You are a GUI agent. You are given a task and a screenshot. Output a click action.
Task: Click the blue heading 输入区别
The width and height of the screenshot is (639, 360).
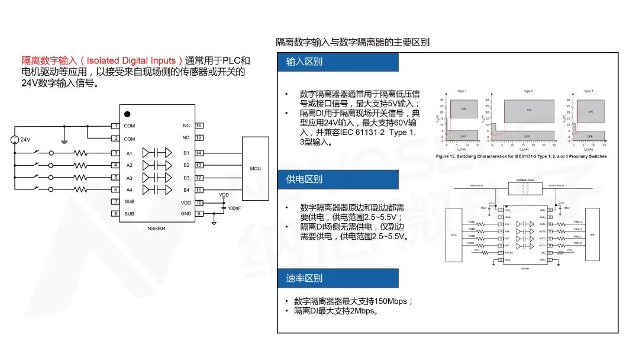[x=304, y=62]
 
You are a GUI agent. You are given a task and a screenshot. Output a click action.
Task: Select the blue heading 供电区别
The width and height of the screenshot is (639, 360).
[x=304, y=179]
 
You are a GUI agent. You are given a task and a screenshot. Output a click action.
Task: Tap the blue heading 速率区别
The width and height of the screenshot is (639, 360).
[x=304, y=278]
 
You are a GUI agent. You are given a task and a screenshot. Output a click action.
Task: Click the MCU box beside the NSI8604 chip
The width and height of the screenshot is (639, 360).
[x=255, y=168]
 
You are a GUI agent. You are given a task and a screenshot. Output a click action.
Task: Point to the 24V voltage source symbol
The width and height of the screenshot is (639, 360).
[x=14, y=140]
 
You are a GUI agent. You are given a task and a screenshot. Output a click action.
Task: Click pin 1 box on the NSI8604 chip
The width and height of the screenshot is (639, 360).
[x=116, y=126]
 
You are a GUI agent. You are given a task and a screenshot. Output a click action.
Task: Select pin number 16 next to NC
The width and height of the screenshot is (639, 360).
[x=199, y=126]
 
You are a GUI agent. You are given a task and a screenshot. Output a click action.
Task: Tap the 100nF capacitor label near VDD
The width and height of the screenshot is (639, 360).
[x=234, y=209]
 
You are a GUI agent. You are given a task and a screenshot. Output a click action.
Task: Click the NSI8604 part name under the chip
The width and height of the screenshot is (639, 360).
[x=157, y=228]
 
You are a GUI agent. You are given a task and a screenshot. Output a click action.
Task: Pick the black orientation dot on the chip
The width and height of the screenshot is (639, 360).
[x=127, y=114]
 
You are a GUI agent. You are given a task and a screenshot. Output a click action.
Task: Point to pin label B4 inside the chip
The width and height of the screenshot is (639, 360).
[x=186, y=190]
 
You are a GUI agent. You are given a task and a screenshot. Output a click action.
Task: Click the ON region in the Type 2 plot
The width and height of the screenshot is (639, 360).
[x=529, y=110]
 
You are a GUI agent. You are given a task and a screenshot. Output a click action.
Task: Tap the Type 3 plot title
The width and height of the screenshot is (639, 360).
[x=588, y=91]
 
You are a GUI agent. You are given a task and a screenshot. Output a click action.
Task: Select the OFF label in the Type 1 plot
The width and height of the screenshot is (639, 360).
[x=463, y=136]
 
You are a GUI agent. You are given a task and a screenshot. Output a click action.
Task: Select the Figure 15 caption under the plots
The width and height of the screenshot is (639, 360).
[x=521, y=156]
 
